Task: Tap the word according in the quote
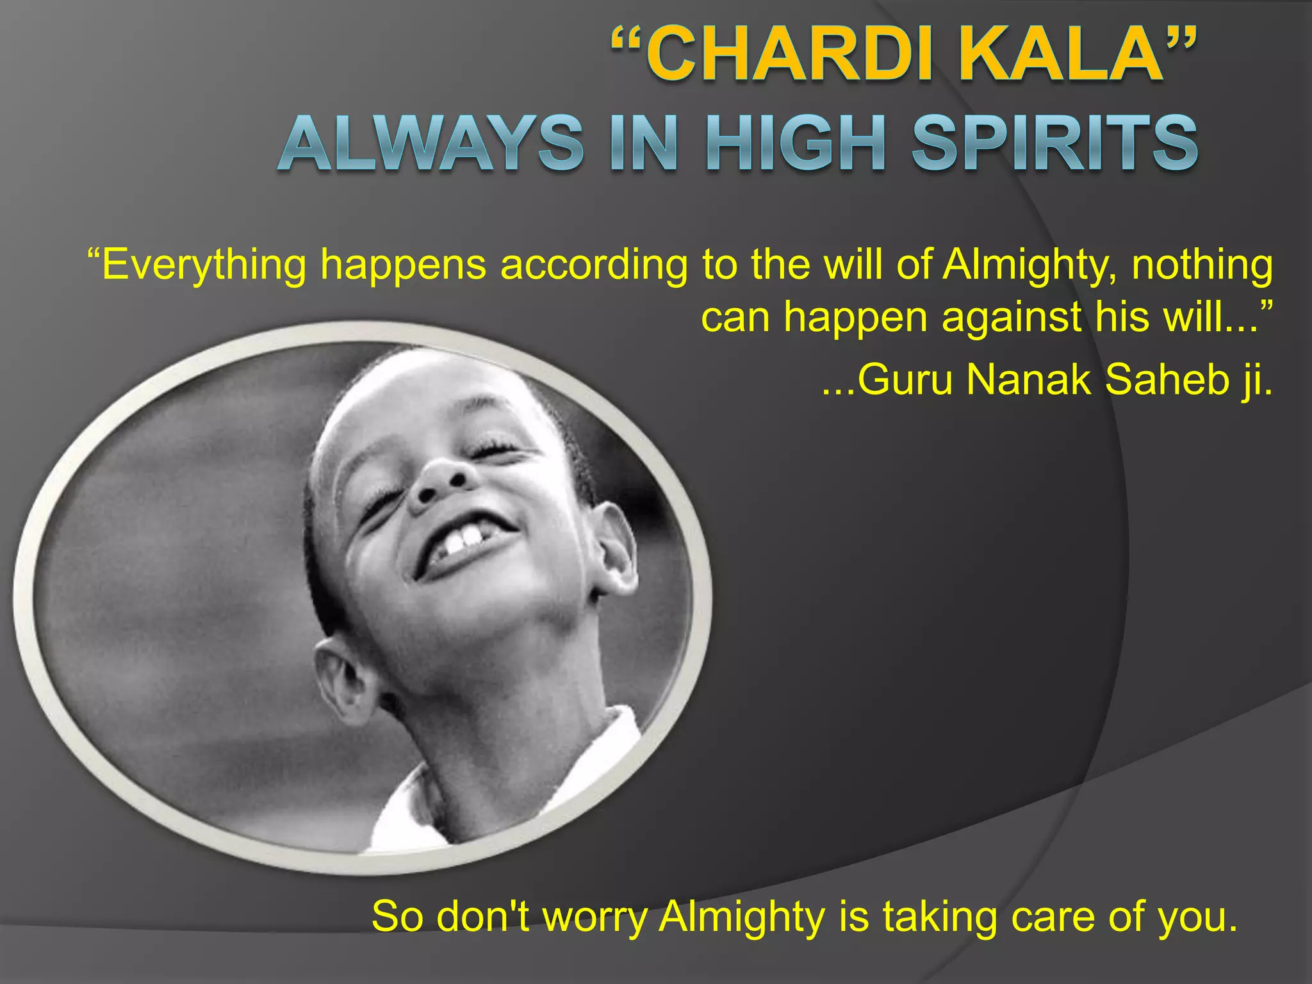coord(593,265)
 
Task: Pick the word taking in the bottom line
coord(939,917)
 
